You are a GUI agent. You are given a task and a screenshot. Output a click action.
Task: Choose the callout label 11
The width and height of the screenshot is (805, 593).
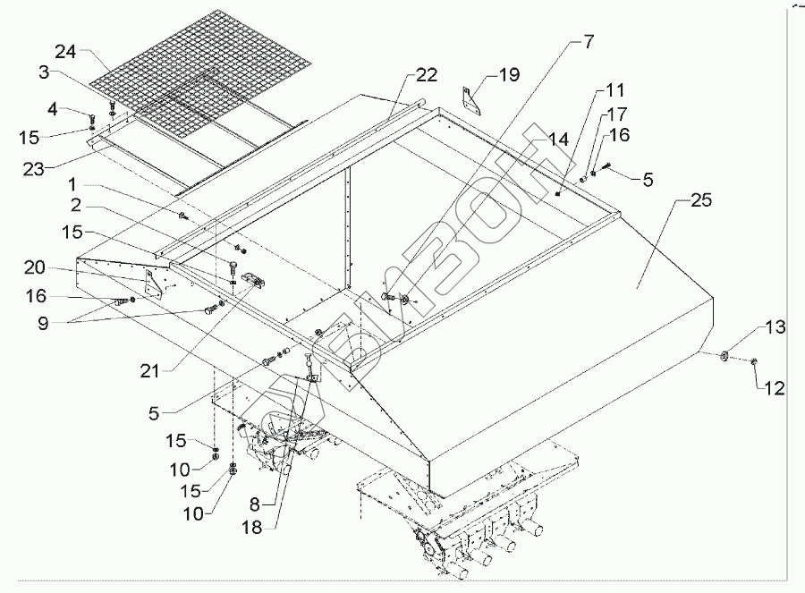616,90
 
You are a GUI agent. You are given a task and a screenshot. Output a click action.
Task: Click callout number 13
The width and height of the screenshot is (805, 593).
775,328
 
